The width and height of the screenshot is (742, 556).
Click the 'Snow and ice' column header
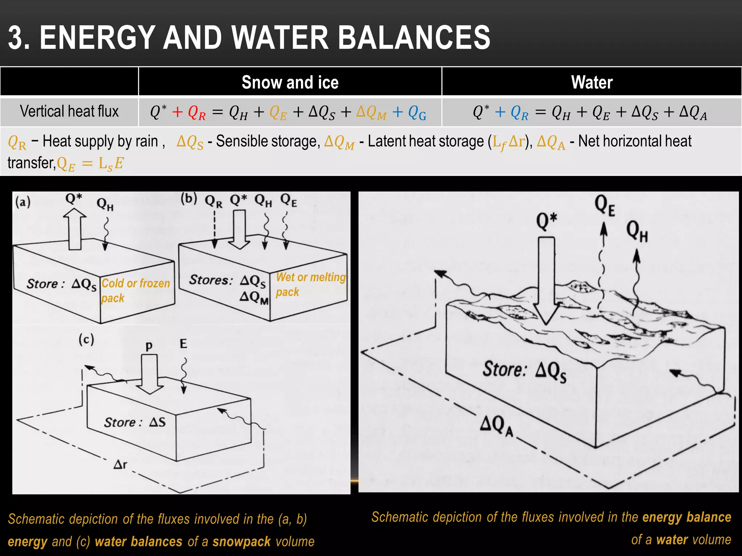pos(290,82)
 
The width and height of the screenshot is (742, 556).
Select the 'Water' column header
pos(592,82)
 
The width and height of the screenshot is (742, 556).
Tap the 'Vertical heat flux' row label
pos(69,111)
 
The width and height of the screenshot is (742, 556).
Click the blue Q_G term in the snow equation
pos(417,113)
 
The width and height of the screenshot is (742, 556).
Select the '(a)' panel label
pos(23,202)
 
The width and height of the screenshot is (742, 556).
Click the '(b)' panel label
pos(189,198)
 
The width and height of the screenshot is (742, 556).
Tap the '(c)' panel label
pos(86,340)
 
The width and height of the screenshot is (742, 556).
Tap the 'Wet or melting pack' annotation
pos(310,285)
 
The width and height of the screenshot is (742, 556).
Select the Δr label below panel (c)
pos(120,464)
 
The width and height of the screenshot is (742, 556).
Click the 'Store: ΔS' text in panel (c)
pos(135,422)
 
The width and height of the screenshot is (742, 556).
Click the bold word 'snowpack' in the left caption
pos(241,542)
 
